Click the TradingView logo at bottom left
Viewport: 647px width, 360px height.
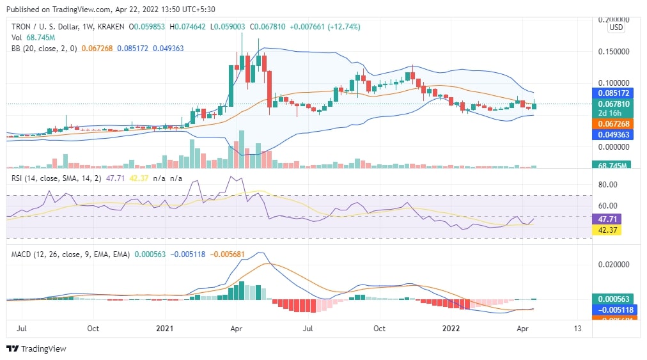(x=36, y=348)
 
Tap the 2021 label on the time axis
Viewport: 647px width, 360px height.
(x=166, y=329)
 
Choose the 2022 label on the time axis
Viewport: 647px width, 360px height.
(x=451, y=329)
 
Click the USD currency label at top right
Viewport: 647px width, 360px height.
(x=616, y=27)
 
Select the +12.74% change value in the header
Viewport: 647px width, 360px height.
(x=343, y=27)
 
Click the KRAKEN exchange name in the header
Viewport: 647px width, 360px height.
(x=109, y=27)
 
